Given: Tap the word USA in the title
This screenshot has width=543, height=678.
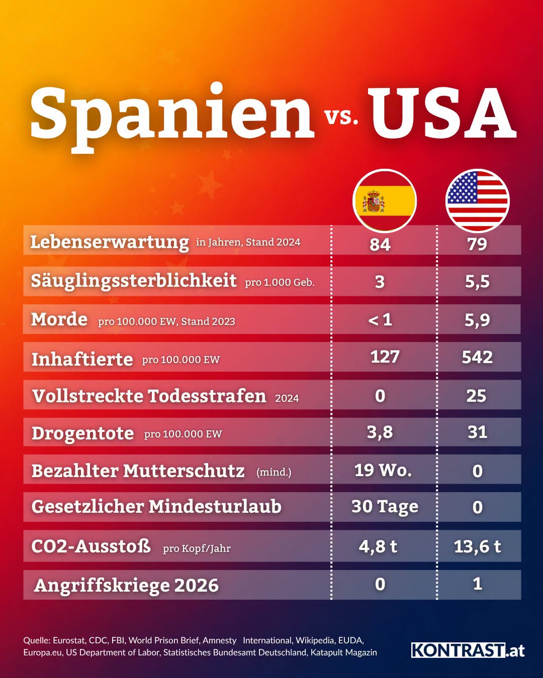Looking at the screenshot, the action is pos(442,113).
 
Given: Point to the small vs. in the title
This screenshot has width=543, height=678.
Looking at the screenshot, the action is pos(341,117).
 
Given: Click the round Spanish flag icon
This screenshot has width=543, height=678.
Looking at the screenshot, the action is pos(384,201).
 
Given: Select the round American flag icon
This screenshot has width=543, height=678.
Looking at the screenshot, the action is pos(477,201).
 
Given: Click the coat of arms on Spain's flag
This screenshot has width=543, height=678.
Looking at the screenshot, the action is pos(373,201).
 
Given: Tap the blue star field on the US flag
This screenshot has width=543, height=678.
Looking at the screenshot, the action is pos(462,188).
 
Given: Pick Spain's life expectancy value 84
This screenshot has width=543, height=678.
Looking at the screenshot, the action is pos(380,245).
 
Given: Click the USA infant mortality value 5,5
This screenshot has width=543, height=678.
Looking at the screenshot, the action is pos(477,281).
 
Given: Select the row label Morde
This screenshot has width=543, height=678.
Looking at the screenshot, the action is pos(59,319).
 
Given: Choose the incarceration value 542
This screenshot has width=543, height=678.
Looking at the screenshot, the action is pos(477,357).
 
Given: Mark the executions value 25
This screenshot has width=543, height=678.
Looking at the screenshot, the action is pos(477,396).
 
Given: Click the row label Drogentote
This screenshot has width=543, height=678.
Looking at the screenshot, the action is pos(82,433).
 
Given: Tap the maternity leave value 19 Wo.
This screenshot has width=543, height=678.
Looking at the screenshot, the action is pos(383,470).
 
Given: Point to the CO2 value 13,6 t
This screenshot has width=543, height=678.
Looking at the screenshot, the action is pos(477,546).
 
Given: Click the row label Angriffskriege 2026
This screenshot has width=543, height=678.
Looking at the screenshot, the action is pos(126,586).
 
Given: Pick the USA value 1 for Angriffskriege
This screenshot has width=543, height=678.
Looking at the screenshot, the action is pos(477,584).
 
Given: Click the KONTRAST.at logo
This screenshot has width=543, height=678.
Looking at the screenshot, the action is pos(468,650).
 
